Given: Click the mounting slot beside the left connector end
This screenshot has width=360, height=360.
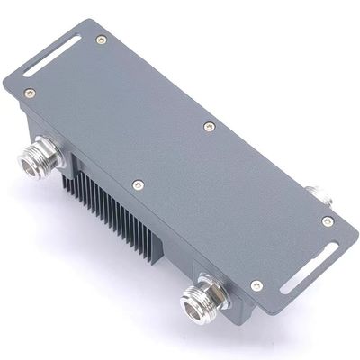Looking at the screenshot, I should pos(51,57).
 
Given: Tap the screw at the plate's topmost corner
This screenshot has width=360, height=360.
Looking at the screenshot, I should pos(101,40).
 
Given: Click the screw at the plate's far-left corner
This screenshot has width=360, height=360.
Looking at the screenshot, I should pos(29,92).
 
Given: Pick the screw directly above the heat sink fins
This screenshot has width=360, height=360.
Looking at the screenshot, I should pos(137,184).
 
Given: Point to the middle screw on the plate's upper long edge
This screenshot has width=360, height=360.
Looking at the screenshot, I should pos(209,127).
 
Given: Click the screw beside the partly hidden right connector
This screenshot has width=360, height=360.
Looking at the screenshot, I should pos(327,221).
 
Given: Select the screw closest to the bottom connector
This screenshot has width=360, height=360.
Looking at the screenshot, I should pos(256,285).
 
